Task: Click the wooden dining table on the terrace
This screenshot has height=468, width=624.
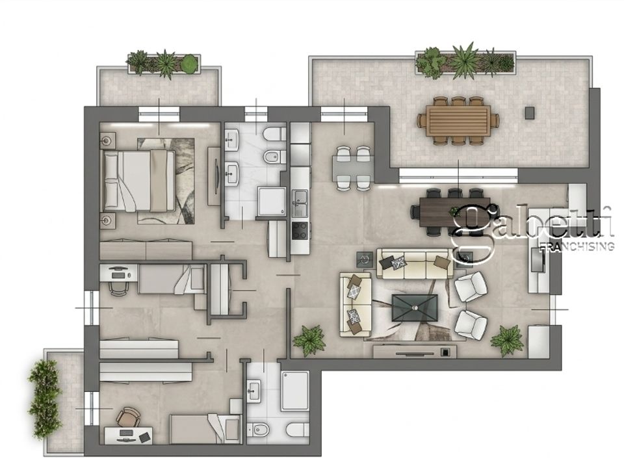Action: (x=458, y=120)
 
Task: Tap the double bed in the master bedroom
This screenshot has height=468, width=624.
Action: (x=139, y=181)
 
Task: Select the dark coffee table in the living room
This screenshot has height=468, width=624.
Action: (x=414, y=307)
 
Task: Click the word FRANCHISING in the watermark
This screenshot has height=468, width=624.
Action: (x=576, y=246)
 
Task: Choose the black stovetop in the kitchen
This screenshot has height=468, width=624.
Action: (x=300, y=231)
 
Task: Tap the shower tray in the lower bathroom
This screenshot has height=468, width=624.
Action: (x=295, y=391)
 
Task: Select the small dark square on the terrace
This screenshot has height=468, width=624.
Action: (x=529, y=112)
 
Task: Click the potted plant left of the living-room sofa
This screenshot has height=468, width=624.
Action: (x=309, y=339)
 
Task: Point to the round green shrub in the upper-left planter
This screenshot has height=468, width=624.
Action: (x=189, y=64)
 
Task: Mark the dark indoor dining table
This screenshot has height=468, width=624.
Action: (x=450, y=212)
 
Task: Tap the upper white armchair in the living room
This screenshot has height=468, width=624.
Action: (x=471, y=287)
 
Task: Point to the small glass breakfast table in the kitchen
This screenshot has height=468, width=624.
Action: (x=352, y=167)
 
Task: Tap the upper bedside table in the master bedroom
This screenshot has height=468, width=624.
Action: (x=107, y=140)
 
